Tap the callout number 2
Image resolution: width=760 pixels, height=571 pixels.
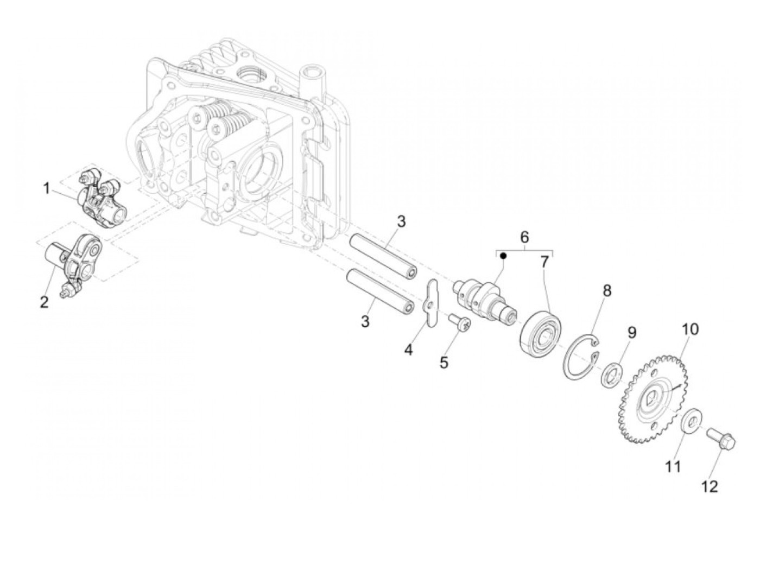[x=44, y=302]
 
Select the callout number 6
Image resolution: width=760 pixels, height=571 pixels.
[x=524, y=237]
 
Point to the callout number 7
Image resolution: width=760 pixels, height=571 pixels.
[x=544, y=263]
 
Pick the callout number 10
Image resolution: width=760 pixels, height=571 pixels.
[x=691, y=329]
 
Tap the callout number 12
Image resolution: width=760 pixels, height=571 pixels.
[x=710, y=486]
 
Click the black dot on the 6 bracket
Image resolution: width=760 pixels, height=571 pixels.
[x=503, y=255]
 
